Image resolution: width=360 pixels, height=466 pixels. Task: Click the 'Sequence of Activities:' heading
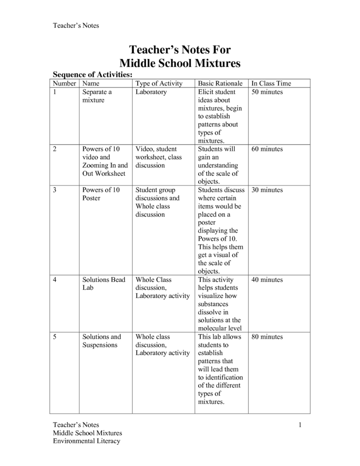pyautogui.click(x=92, y=75)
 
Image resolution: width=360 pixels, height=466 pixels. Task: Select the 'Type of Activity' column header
pyautogui.click(x=159, y=84)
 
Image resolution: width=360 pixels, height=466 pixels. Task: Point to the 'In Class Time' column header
pyautogui.click(x=271, y=84)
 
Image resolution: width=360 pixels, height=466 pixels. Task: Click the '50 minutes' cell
pyautogui.click(x=267, y=92)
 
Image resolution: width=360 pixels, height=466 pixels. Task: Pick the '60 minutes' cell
pyautogui.click(x=267, y=149)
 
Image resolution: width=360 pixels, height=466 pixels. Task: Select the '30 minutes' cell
pyautogui.click(x=267, y=190)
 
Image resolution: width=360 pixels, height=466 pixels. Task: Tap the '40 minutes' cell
pyautogui.click(x=267, y=280)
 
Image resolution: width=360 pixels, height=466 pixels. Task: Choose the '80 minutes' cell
pyautogui.click(x=267, y=337)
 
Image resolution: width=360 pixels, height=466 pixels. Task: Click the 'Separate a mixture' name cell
pyautogui.click(x=97, y=96)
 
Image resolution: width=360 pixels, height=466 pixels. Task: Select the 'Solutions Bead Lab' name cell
pyautogui.click(x=103, y=283)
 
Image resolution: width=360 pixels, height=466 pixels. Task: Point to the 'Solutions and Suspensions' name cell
pyautogui.click(x=102, y=341)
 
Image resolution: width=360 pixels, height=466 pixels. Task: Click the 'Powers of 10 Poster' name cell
pyautogui.click(x=101, y=194)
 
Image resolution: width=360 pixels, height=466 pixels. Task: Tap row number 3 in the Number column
pyautogui.click(x=55, y=190)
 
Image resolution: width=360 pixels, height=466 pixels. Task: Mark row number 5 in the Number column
pyautogui.click(x=55, y=337)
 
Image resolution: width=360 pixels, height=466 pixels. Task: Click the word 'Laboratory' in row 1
pyautogui.click(x=151, y=92)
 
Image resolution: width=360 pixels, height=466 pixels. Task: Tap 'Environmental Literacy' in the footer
pyautogui.click(x=86, y=441)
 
